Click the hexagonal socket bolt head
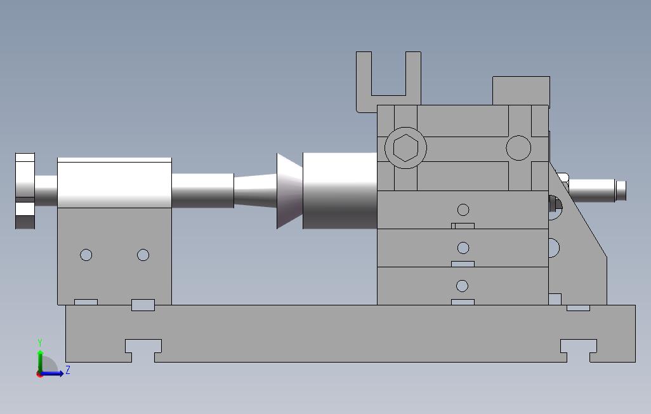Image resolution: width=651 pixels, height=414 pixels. tap(405, 147)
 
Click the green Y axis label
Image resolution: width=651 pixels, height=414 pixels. tap(40, 342)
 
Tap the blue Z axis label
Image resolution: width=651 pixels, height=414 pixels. tap(68, 370)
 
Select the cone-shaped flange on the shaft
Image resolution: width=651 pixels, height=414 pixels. tap(289, 190)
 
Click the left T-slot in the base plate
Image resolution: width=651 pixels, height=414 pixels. tap(143, 351)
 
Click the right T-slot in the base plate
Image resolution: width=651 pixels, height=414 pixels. tap(578, 351)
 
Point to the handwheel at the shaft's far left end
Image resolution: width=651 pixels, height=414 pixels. tap(25, 190)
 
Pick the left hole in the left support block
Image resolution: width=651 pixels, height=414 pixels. tap(86, 255)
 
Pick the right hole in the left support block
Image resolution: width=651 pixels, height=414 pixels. tap(143, 255)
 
